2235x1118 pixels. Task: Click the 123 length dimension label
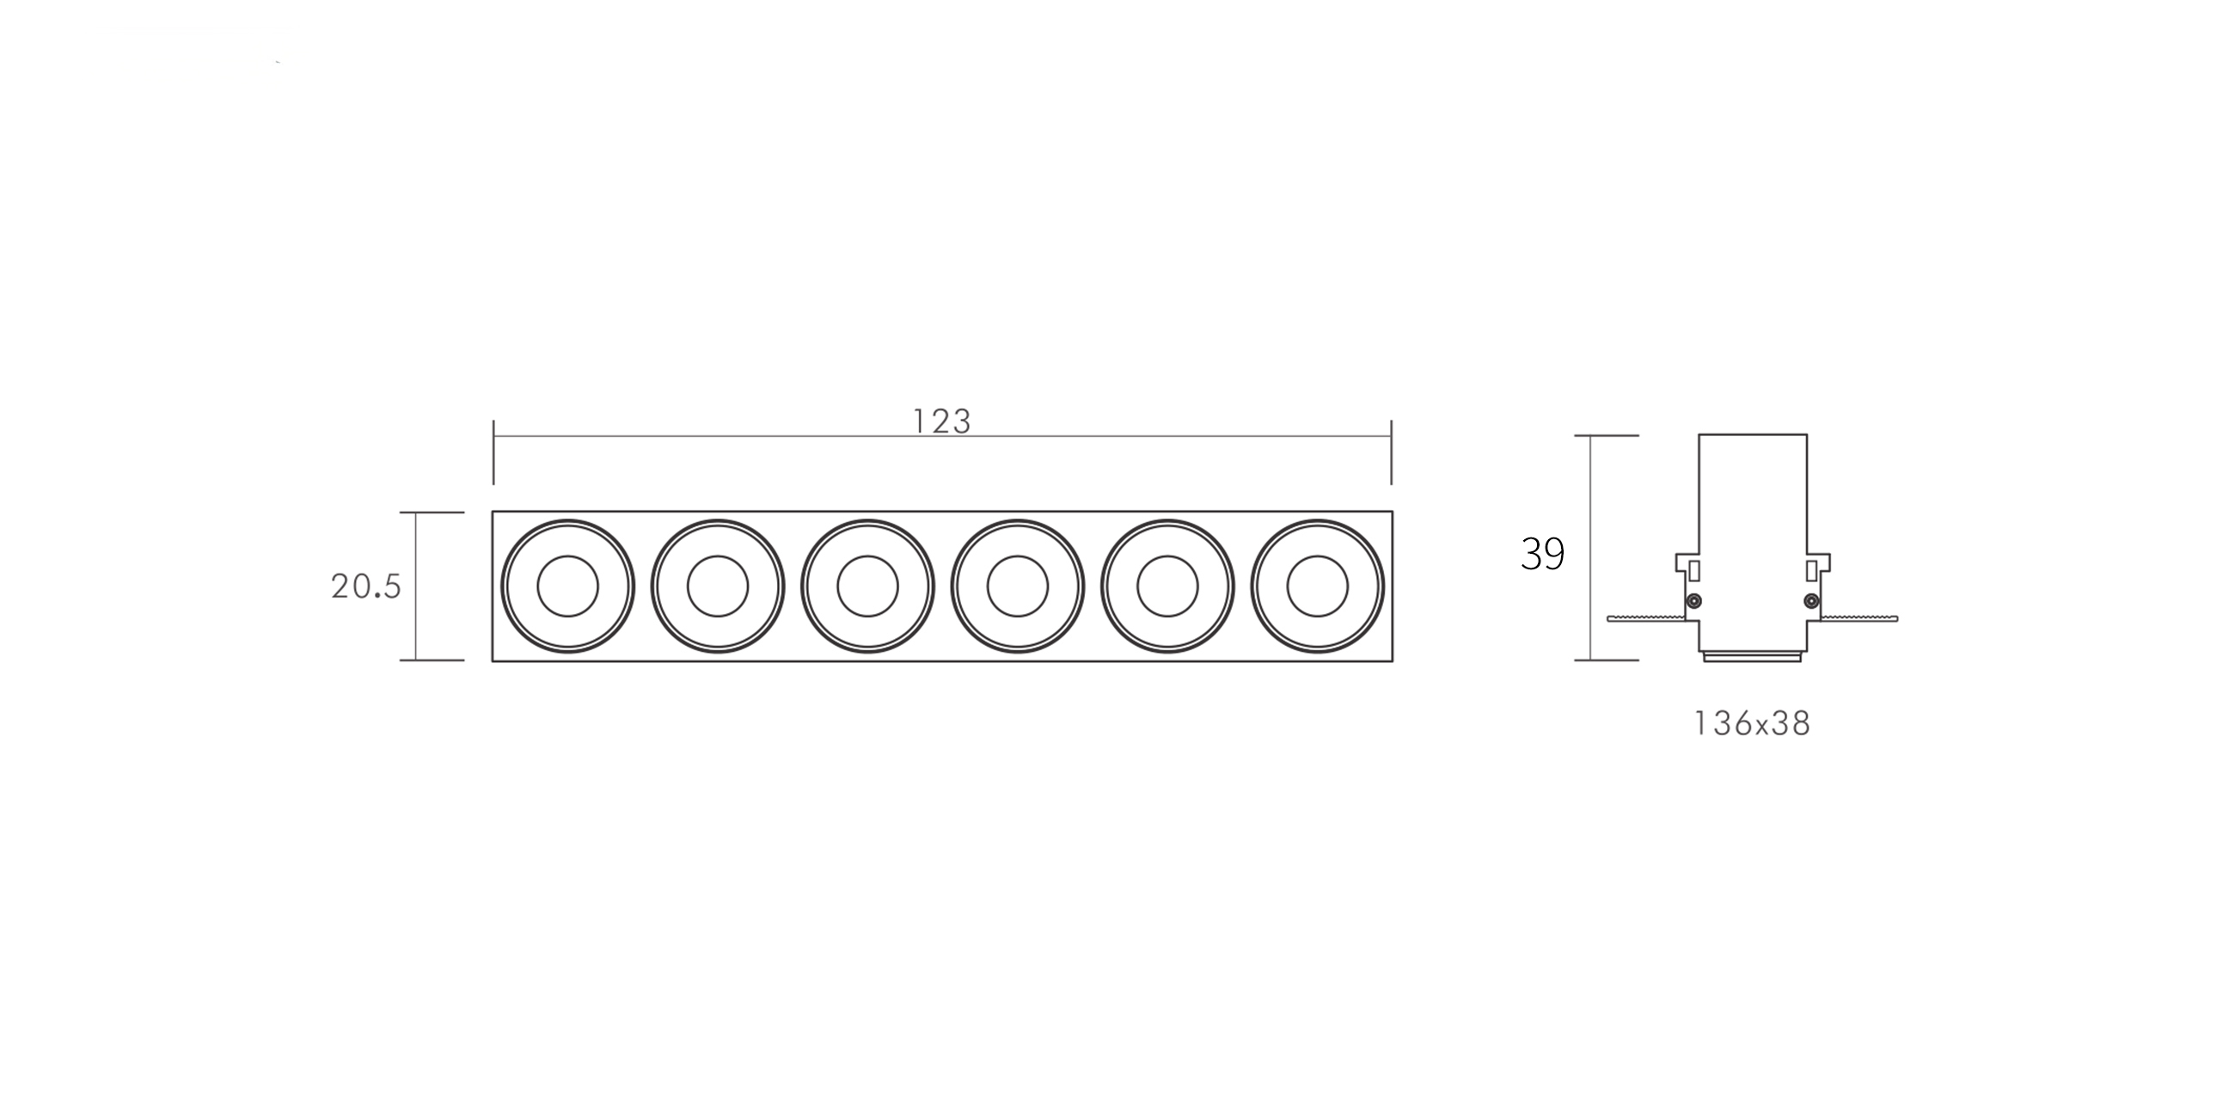point(941,422)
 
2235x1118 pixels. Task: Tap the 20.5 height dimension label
point(366,587)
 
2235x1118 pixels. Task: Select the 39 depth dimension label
point(1543,554)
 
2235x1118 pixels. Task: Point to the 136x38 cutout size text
point(1753,724)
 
